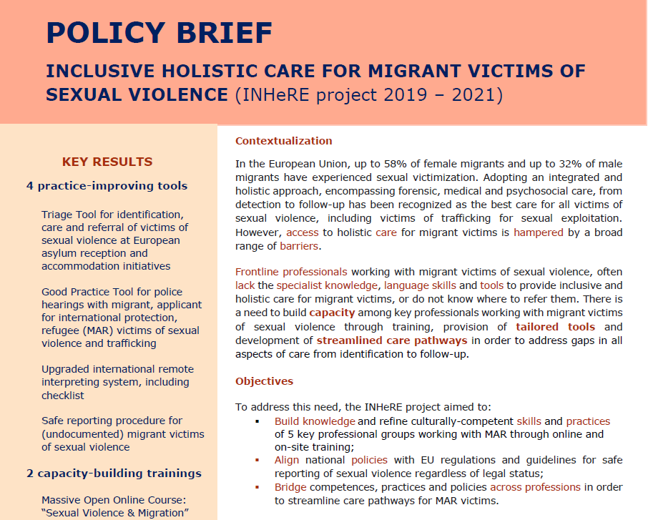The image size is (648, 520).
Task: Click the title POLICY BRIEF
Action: (159, 33)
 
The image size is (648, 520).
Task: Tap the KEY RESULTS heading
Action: (107, 162)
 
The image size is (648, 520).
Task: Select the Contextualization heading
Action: (284, 141)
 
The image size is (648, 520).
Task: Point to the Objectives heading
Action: (264, 381)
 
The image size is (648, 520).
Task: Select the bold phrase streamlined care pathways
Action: (392, 340)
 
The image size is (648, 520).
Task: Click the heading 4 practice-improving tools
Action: (107, 186)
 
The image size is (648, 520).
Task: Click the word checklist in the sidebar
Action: (63, 395)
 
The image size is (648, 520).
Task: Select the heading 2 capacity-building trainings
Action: (114, 473)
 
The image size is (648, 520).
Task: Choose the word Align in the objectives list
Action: (287, 460)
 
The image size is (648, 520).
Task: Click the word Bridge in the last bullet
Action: (290, 487)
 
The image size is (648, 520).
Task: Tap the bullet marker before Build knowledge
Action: (257, 421)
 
